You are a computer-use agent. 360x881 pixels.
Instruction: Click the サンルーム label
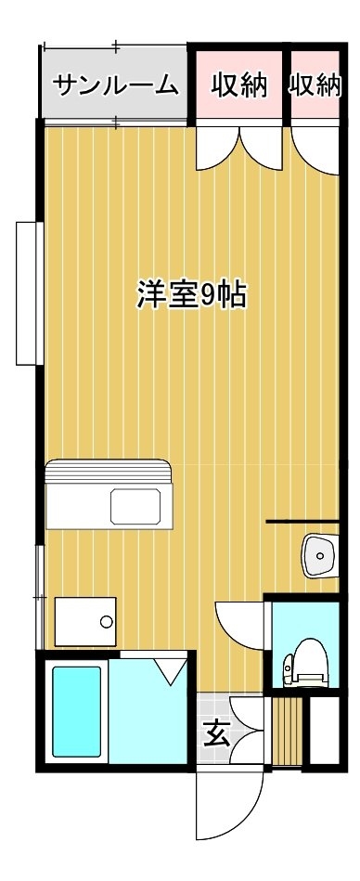coord(116,86)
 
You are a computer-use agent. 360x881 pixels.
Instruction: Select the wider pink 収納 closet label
coord(239,85)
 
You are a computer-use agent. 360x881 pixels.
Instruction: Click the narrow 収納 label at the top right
coord(315,85)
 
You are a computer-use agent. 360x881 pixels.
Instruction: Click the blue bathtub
coord(77,711)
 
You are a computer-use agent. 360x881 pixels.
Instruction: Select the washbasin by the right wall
coord(321,556)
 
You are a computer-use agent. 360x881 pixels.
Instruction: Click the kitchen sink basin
coord(135,506)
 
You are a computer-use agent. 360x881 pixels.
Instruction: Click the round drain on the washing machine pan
coord(106,622)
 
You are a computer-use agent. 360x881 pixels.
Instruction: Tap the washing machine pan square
coord(85,621)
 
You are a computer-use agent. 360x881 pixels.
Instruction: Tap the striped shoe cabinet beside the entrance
coord(287,731)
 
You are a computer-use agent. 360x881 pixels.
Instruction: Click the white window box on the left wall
coord(30,293)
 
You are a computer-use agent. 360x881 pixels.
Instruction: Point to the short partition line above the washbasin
coord(302,522)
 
